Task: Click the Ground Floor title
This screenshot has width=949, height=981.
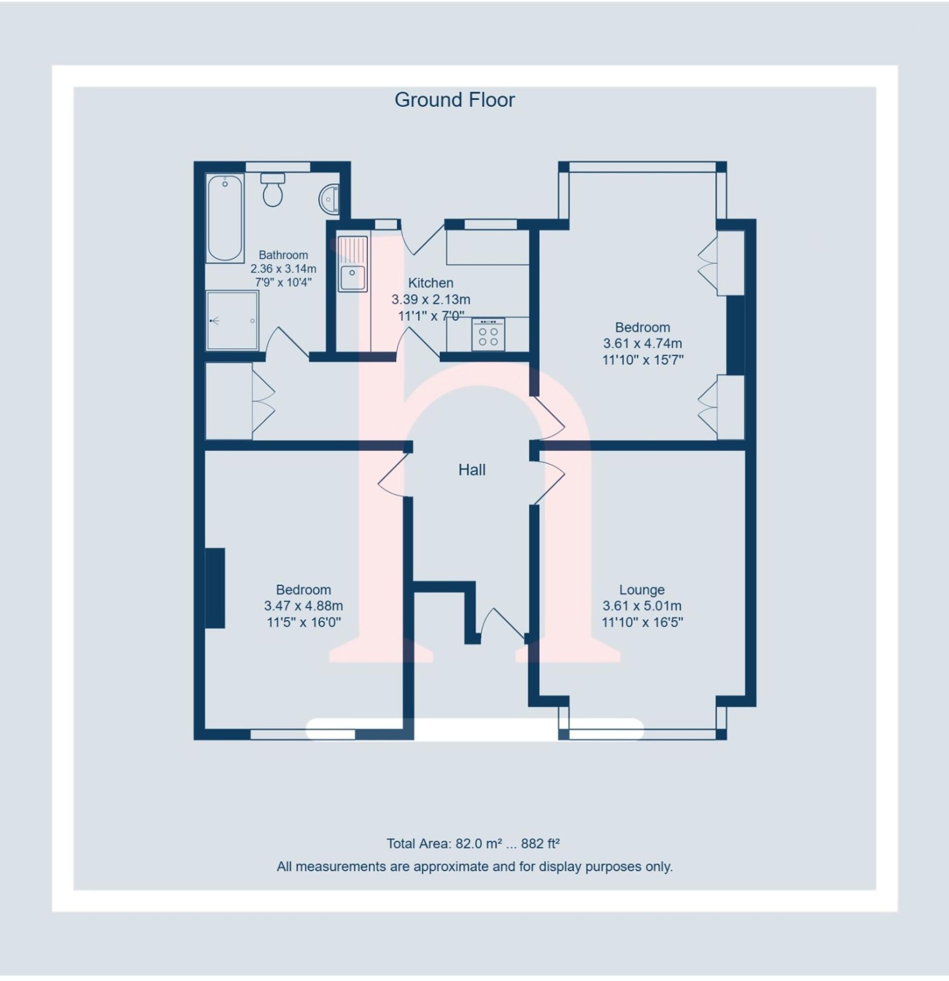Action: pos(454,100)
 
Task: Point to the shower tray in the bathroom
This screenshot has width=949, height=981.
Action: pos(232,320)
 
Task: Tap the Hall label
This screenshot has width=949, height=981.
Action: pos(472,469)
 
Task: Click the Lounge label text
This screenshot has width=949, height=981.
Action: pos(642,590)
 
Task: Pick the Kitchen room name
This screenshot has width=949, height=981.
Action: pos(430,283)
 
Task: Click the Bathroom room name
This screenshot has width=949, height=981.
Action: pos(283,255)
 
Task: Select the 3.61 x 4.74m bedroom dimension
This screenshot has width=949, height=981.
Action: pos(643,343)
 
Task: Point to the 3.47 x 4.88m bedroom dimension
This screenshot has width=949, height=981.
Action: pos(303,605)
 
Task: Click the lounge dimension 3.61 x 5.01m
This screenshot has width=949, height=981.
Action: pos(642,605)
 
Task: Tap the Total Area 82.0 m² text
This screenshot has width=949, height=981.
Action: pos(473,844)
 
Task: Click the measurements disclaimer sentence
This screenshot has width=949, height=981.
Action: pos(474,867)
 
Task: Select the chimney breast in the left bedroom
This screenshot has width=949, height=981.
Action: pos(215,588)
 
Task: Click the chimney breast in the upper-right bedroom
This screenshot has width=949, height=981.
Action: pos(735,335)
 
